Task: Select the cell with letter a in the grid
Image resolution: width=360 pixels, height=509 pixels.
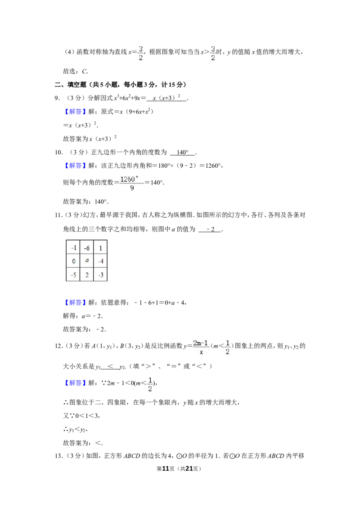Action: [87, 261]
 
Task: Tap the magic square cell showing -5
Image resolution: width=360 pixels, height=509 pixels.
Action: [73, 274]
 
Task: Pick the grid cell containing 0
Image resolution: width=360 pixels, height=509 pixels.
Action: [73, 261]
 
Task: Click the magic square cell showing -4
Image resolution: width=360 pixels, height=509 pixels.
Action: [100, 261]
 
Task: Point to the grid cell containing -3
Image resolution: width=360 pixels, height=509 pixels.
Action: [100, 274]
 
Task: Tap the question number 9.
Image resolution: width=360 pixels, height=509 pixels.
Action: [57, 98]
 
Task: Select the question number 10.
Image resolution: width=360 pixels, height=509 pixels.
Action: [58, 152]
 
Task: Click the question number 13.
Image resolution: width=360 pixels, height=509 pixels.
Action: [58, 456]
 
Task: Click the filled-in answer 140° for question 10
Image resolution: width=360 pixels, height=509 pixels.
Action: [183, 152]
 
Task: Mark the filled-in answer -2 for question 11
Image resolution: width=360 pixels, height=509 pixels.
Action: [211, 229]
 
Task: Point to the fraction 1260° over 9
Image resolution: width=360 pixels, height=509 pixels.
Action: [131, 183]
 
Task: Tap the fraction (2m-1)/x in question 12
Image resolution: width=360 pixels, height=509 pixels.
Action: [200, 347]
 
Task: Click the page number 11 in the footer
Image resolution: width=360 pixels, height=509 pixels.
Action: [166, 469]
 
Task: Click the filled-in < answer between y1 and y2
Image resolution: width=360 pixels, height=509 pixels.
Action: [110, 366]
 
